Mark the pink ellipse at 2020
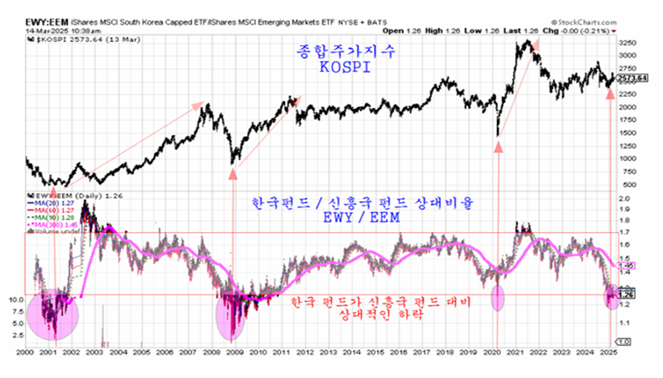pyautogui.click(x=498, y=298)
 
